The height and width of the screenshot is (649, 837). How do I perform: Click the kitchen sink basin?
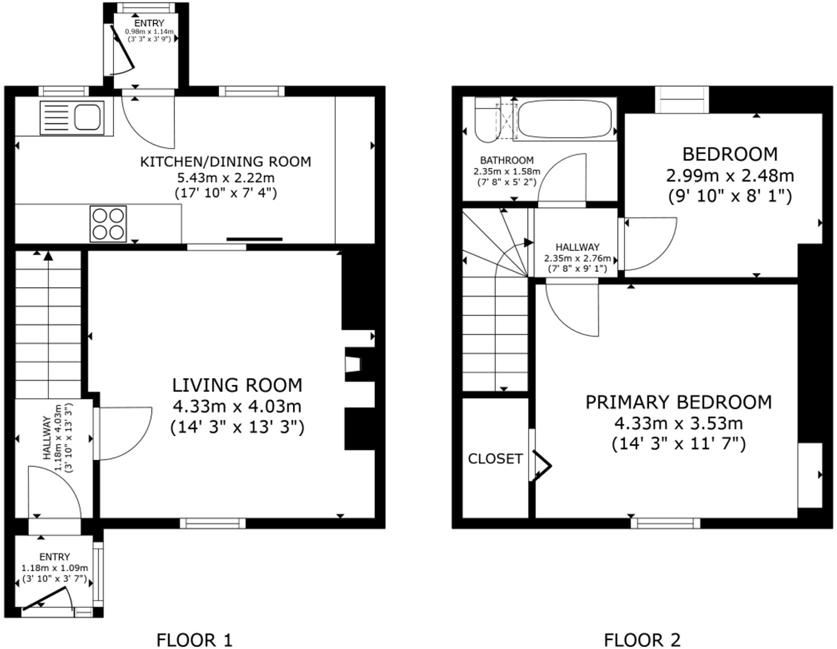[x=88, y=117]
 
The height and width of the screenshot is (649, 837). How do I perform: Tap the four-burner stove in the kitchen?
[x=108, y=224]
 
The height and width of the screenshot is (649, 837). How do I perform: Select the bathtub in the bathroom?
[x=565, y=119]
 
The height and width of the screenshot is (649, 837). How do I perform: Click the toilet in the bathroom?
[x=484, y=120]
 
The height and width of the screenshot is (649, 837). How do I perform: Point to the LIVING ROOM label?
[x=237, y=385]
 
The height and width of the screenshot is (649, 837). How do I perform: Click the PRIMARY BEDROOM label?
[x=678, y=402]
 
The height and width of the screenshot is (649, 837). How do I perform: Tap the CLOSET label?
[x=495, y=459]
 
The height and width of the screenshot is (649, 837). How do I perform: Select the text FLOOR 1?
[x=194, y=639]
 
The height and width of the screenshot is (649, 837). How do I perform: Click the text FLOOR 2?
[x=642, y=639]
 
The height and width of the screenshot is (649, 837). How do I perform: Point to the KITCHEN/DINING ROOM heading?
[x=225, y=162]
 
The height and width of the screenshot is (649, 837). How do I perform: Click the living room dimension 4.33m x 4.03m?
[x=237, y=406]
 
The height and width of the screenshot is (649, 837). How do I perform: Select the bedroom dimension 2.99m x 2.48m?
[x=730, y=176]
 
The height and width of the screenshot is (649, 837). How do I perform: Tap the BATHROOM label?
[x=507, y=160]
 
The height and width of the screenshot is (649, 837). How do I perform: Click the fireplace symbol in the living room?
[x=352, y=364]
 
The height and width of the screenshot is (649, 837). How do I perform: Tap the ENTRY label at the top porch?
[x=149, y=23]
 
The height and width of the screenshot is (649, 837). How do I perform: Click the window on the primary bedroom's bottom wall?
[x=665, y=523]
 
